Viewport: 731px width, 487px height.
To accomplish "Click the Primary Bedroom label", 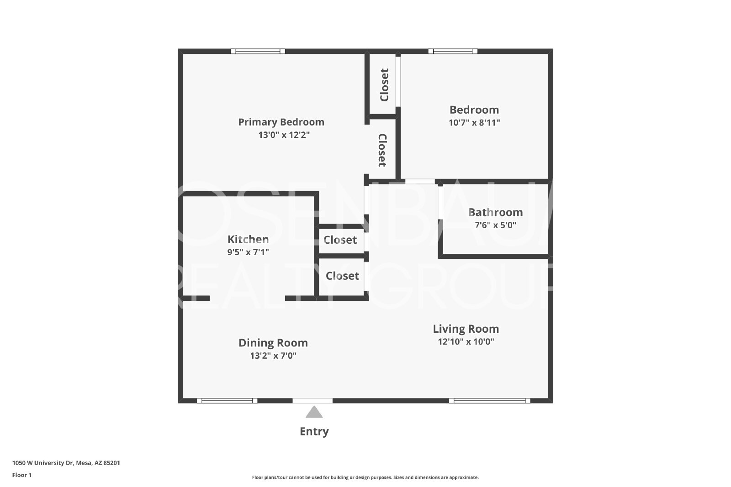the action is tap(281, 122).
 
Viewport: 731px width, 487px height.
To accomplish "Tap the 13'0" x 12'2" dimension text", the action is tap(284, 135).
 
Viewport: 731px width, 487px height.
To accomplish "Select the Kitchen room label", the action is tap(248, 239).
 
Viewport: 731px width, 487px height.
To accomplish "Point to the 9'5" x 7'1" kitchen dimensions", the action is tap(248, 252).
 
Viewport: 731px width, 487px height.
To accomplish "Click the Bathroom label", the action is tap(495, 212).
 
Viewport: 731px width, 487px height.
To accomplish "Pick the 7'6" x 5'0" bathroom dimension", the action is tap(495, 225).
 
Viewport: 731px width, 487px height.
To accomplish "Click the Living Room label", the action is tap(466, 329).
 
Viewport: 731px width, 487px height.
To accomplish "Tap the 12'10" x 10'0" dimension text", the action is tap(466, 341).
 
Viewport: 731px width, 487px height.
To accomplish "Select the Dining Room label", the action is tap(273, 343).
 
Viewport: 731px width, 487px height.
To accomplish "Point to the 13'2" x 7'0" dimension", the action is tap(273, 355).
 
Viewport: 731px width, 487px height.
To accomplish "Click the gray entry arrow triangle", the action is tap(314, 412).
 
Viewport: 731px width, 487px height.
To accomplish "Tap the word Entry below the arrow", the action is tap(314, 431).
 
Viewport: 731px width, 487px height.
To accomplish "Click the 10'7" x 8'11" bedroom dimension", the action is tap(474, 123).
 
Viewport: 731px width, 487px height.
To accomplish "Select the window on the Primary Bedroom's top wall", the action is tap(258, 51).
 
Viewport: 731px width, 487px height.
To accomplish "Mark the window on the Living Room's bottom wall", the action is tap(489, 401).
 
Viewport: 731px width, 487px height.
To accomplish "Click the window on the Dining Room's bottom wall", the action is tap(227, 401).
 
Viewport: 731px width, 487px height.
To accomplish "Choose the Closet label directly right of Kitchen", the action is tap(340, 240).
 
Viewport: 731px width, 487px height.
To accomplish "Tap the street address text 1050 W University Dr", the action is tap(42, 463).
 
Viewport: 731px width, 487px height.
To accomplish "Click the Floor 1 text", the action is tap(22, 475).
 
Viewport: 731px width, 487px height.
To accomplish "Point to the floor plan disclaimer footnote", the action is tap(365, 477).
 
